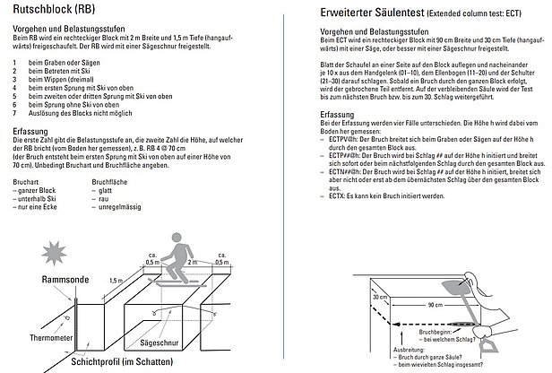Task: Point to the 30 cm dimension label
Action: [377, 295]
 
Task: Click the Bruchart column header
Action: [27, 181]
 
